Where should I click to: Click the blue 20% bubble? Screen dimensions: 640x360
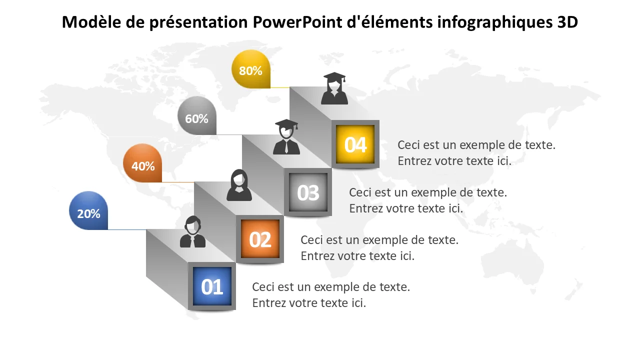(x=88, y=210)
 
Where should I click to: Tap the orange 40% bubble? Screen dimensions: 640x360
(x=142, y=163)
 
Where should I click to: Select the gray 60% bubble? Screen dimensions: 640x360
(x=197, y=115)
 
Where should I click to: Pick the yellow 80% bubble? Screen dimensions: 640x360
(x=251, y=69)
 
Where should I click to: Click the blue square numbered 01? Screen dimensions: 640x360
(x=212, y=286)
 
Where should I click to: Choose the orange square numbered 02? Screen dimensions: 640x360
(x=260, y=239)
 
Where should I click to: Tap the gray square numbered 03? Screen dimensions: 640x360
(x=308, y=192)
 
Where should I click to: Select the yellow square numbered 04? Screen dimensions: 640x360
(x=355, y=144)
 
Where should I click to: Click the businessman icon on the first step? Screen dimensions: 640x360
(x=192, y=231)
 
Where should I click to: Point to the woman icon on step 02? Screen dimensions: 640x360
(x=239, y=185)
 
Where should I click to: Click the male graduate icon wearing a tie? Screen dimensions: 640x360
(x=286, y=137)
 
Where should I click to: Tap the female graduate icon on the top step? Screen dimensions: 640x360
(x=334, y=88)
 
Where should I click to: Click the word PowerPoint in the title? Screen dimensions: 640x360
(x=297, y=22)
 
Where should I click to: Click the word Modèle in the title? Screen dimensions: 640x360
(x=91, y=22)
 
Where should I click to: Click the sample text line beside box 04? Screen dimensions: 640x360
(x=476, y=145)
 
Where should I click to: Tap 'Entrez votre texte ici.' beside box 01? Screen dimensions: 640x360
(x=309, y=303)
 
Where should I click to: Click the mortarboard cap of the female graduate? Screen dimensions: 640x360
(x=334, y=76)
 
